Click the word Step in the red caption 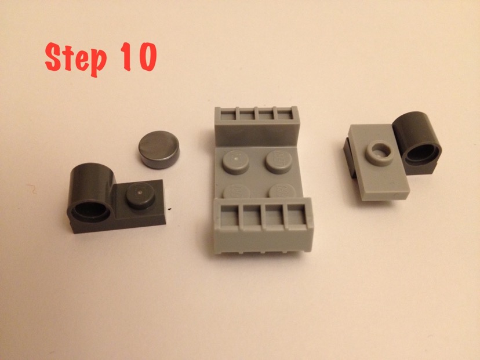tap(75, 59)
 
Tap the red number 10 tap(139, 57)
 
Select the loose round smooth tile tap(159, 150)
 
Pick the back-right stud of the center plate tap(279, 162)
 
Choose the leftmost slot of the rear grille tap(228, 115)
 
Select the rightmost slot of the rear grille tap(284, 115)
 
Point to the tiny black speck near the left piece tap(170, 209)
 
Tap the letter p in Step tap(99, 63)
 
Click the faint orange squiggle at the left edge tap(32, 188)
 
